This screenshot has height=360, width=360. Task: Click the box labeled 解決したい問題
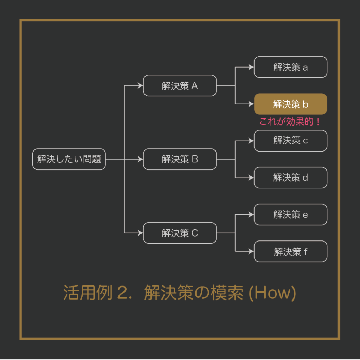click(x=69, y=159)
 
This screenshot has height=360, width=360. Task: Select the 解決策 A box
click(x=180, y=85)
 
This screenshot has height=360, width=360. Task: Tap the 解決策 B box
click(x=180, y=159)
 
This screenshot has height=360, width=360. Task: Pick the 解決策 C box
click(x=180, y=233)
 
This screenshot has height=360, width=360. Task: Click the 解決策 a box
click(x=290, y=67)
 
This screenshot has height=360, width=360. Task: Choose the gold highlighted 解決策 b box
click(x=290, y=104)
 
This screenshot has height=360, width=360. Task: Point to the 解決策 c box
click(x=290, y=141)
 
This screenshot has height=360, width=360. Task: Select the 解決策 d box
click(x=290, y=178)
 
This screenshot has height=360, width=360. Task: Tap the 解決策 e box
click(x=290, y=214)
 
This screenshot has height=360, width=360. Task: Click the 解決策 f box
click(x=290, y=251)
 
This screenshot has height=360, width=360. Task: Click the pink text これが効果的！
click(x=290, y=122)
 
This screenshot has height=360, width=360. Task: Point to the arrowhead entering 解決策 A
click(x=140, y=85)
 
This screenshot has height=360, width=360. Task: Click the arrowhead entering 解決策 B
click(x=140, y=159)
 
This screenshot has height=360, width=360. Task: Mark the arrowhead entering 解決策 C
click(x=140, y=233)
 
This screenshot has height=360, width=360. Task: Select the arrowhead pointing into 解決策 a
click(x=251, y=67)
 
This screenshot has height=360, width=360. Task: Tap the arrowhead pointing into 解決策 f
click(x=251, y=251)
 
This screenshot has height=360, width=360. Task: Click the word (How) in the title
click(x=272, y=293)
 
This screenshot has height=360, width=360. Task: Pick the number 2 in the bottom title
click(x=122, y=293)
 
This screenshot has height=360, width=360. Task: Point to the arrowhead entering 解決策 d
click(x=251, y=178)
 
